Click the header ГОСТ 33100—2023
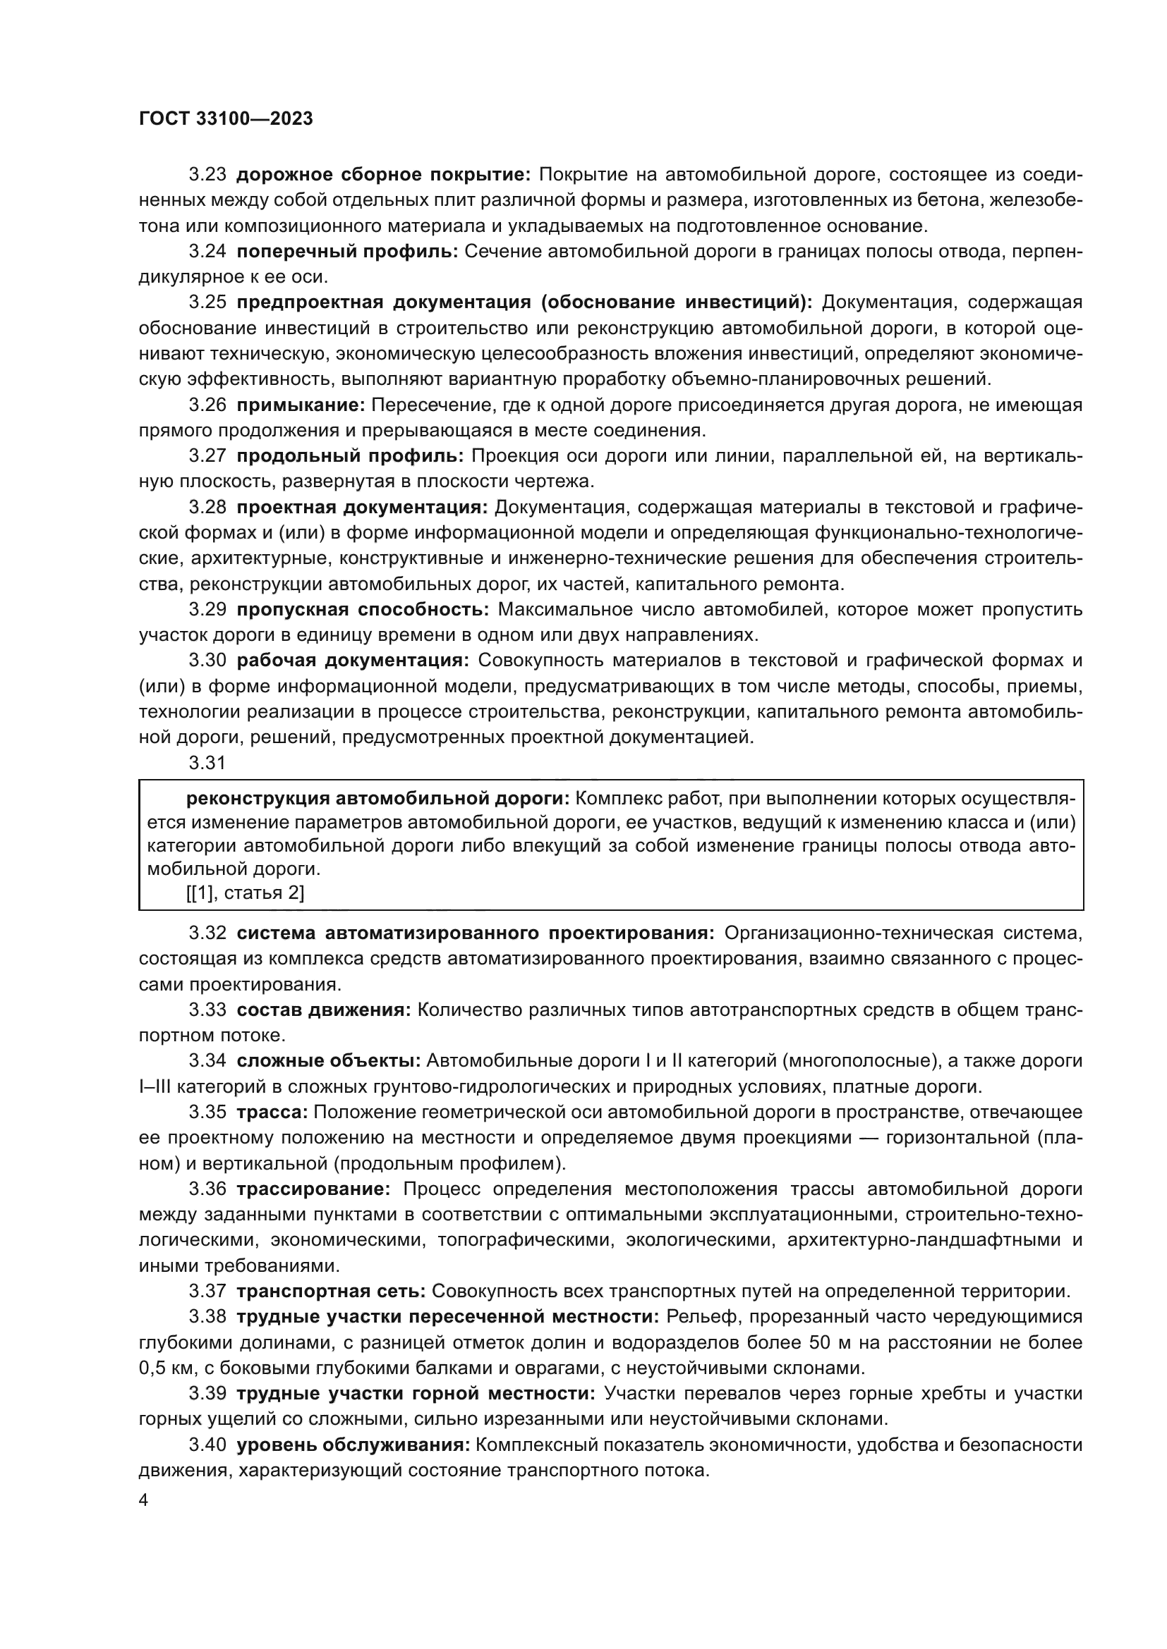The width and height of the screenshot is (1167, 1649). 226,119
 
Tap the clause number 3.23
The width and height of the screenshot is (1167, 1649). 207,175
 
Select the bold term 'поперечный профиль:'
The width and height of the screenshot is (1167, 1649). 347,252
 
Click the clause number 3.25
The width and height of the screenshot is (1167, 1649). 207,302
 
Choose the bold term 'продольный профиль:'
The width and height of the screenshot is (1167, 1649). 350,456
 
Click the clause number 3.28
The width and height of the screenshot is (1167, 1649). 207,508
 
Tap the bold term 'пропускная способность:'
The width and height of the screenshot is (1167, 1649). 363,610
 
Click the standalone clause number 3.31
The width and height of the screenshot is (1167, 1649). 207,763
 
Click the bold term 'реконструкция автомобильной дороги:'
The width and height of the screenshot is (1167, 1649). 378,799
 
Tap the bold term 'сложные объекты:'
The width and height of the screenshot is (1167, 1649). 328,1061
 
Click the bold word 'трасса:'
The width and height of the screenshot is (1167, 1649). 272,1112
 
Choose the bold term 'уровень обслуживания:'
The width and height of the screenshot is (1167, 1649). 353,1445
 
